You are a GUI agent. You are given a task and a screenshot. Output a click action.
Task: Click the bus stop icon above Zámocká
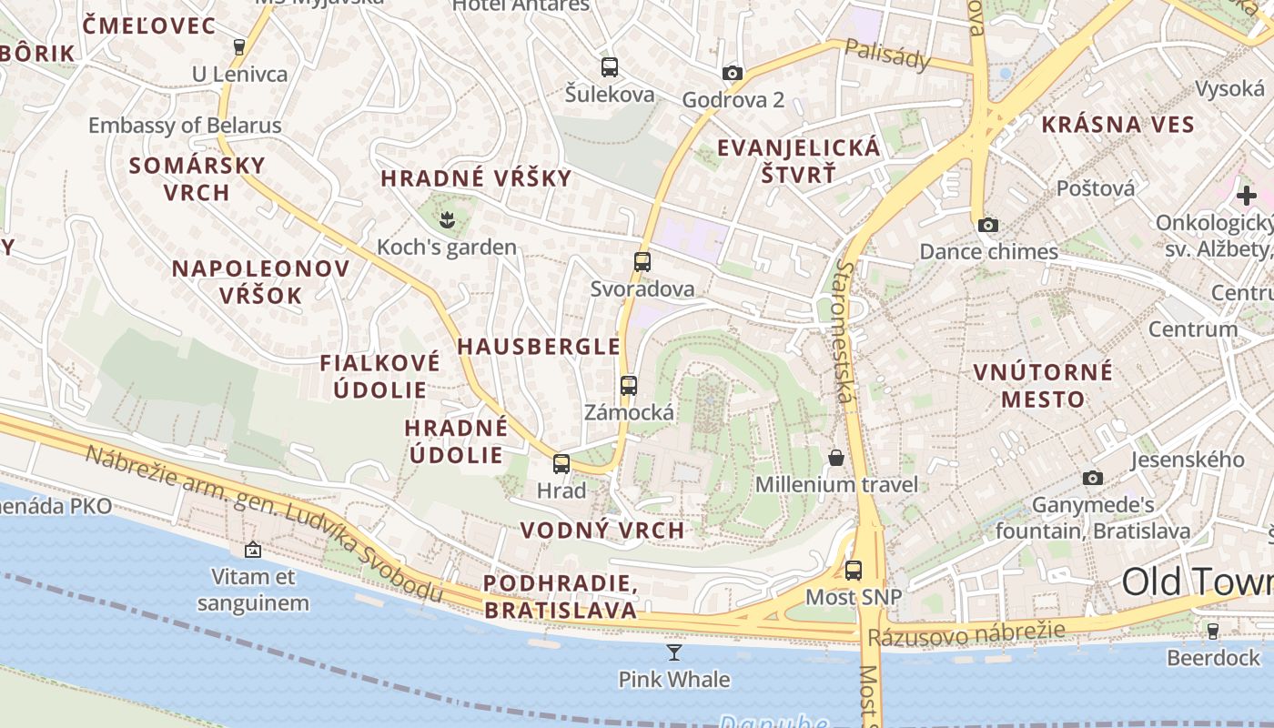click(628, 385)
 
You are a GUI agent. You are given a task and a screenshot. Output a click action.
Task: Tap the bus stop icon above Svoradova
click(642, 262)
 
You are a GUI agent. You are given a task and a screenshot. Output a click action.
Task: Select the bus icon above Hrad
click(561, 463)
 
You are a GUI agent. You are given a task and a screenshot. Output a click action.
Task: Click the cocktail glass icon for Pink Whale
click(673, 652)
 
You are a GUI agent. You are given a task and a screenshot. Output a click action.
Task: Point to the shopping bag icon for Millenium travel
click(836, 457)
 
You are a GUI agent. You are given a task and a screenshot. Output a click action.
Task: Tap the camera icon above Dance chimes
click(988, 225)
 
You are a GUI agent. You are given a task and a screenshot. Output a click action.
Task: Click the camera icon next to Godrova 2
click(733, 73)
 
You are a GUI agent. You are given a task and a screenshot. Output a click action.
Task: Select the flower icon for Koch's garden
click(447, 218)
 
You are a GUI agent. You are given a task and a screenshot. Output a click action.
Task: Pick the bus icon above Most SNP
click(853, 571)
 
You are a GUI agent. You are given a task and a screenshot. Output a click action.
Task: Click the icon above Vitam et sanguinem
click(253, 550)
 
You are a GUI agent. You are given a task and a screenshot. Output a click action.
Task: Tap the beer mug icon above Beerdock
click(1212, 630)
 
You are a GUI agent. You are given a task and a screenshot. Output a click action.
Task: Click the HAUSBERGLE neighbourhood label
click(539, 347)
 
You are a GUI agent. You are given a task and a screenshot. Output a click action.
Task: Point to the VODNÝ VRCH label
click(602, 530)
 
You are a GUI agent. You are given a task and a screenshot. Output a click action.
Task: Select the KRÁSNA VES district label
click(1117, 125)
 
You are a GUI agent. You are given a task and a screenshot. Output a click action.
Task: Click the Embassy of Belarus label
click(185, 126)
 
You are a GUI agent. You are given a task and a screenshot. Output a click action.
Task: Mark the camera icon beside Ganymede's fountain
click(1093, 478)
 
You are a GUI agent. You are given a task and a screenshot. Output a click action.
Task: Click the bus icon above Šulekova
click(610, 66)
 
